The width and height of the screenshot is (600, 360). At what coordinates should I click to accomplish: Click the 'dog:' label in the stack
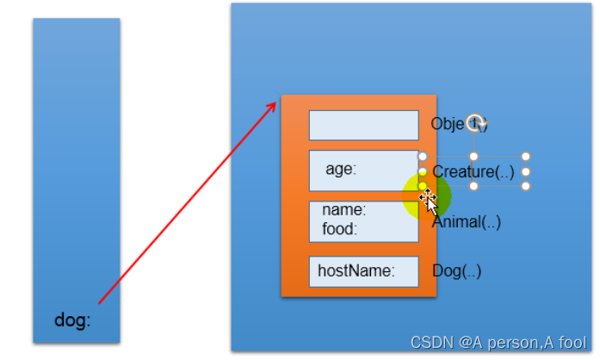point(72,321)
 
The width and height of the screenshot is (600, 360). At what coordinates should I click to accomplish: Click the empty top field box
point(363,125)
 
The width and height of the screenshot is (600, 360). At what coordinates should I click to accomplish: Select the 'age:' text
point(341,169)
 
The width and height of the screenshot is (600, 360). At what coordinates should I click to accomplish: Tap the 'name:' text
point(343,209)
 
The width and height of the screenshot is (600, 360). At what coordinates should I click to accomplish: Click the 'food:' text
point(339,229)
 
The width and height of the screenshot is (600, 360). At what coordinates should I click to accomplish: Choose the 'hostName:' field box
point(363,271)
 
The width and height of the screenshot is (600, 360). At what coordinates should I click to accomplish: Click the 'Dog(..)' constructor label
point(456,271)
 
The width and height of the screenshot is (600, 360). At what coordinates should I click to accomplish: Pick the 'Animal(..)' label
point(467,222)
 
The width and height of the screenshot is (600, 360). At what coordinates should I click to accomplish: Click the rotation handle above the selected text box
point(473,121)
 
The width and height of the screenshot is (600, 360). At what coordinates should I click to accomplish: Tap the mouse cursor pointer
point(428,202)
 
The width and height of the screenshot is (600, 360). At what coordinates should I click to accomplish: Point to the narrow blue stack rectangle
point(76,172)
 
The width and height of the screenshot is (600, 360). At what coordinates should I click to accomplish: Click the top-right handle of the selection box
point(526,157)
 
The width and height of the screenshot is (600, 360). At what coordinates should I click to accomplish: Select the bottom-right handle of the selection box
point(526,186)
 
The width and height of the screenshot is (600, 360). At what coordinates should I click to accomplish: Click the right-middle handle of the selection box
point(526,171)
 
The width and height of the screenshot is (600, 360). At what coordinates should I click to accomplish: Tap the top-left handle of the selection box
point(423,157)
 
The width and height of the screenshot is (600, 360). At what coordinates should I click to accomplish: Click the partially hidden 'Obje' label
point(448,124)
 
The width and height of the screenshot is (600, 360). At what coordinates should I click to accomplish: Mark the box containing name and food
point(363,221)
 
